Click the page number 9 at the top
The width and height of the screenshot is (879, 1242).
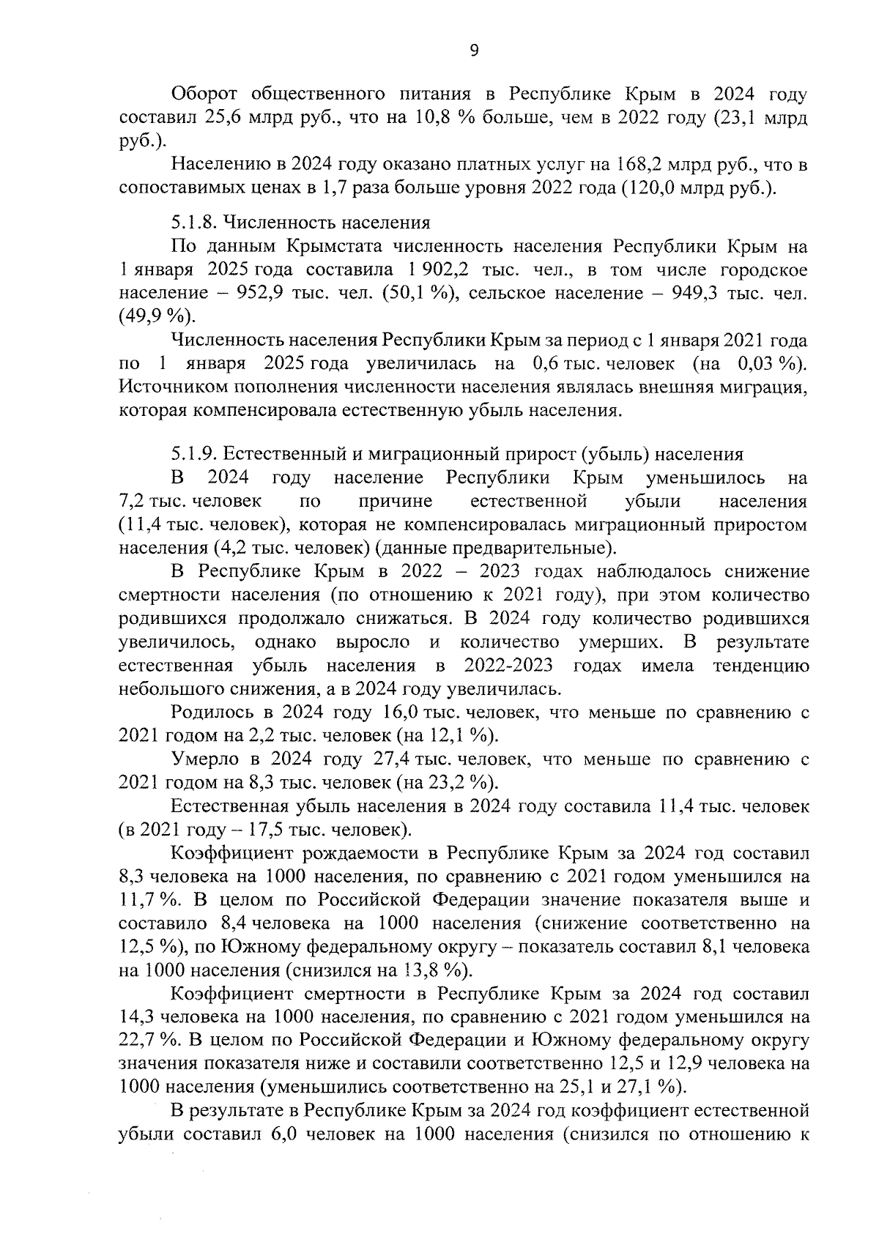473,51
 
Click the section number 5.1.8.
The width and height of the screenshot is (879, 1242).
193,222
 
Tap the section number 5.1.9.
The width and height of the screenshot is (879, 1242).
193,454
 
